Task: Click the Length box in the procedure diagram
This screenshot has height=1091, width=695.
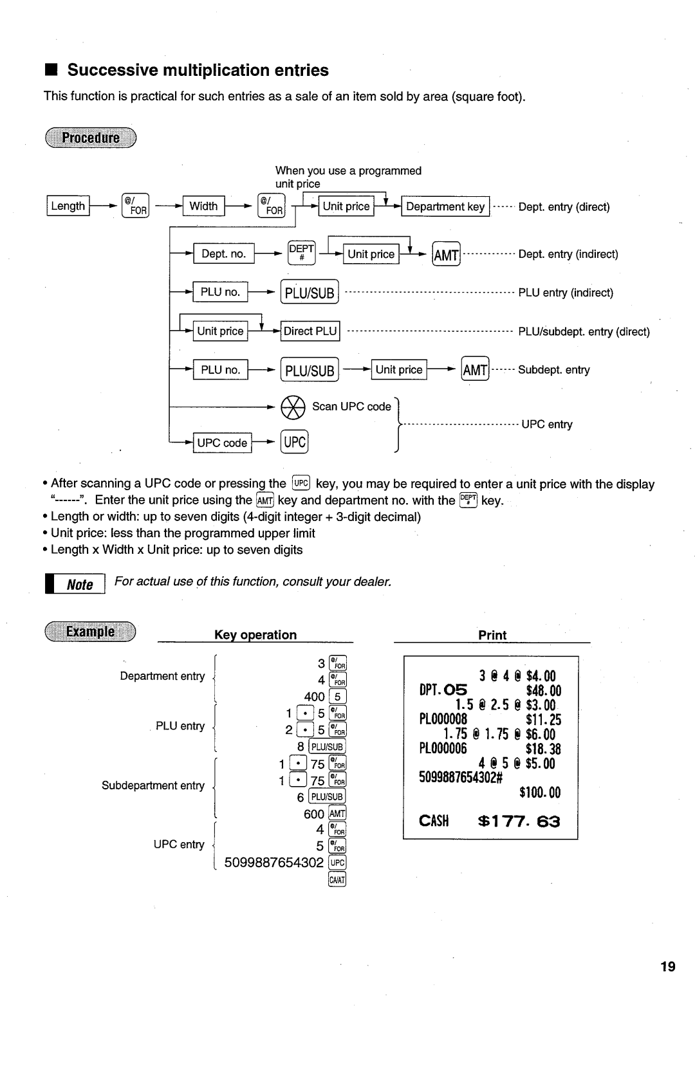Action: [x=68, y=206]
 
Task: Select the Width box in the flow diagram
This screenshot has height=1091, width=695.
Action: [x=203, y=206]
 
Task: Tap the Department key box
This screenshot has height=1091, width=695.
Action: [x=445, y=206]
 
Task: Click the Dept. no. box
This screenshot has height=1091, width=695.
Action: [x=224, y=253]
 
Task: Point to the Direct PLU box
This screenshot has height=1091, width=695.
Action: [x=310, y=331]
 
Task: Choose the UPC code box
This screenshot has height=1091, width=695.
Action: [x=222, y=443]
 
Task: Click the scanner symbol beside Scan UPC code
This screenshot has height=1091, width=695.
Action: [x=293, y=407]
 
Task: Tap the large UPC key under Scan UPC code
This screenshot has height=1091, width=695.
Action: [x=295, y=442]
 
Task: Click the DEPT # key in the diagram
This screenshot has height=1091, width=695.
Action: [x=301, y=253]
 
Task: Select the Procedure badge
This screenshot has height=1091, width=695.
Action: [x=91, y=138]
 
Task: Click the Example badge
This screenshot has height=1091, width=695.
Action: [x=91, y=632]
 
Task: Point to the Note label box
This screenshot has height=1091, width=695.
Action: [x=79, y=584]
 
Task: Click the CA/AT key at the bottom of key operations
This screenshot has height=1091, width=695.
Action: [x=337, y=879]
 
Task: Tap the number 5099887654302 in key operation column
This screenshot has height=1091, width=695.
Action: [x=274, y=862]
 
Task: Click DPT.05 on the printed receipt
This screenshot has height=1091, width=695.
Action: [x=443, y=691]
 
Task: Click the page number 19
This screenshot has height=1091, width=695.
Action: [x=667, y=966]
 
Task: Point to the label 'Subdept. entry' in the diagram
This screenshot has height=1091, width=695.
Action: [x=553, y=370]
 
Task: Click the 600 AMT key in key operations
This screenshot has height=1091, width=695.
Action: [x=337, y=814]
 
